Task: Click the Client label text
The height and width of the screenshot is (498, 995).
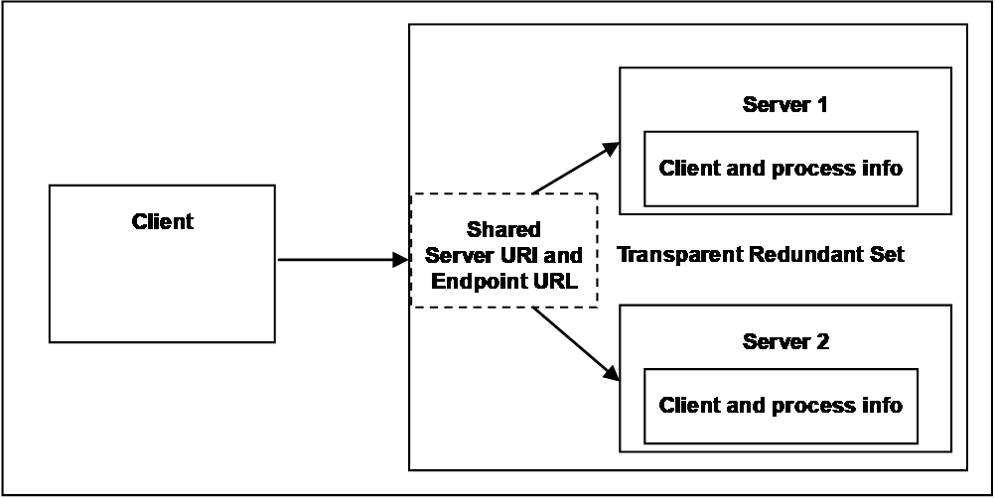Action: (x=163, y=222)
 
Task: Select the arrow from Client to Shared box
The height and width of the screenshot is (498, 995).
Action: (x=343, y=259)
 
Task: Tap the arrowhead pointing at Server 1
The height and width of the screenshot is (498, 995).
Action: (x=611, y=149)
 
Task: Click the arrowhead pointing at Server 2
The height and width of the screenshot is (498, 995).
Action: (x=611, y=372)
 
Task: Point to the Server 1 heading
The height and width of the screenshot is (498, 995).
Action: (x=784, y=104)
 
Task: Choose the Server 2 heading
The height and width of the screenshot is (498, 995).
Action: (x=784, y=342)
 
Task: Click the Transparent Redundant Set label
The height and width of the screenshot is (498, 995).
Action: (x=761, y=255)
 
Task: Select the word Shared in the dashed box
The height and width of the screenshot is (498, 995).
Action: (x=503, y=229)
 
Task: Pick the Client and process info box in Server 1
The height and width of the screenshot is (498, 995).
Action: (x=781, y=169)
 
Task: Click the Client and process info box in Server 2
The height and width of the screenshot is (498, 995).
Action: (x=781, y=406)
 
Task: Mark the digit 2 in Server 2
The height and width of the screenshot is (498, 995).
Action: (x=821, y=342)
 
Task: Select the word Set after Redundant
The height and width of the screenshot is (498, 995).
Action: (x=887, y=255)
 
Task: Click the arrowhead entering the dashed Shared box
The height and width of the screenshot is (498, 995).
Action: (x=400, y=259)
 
